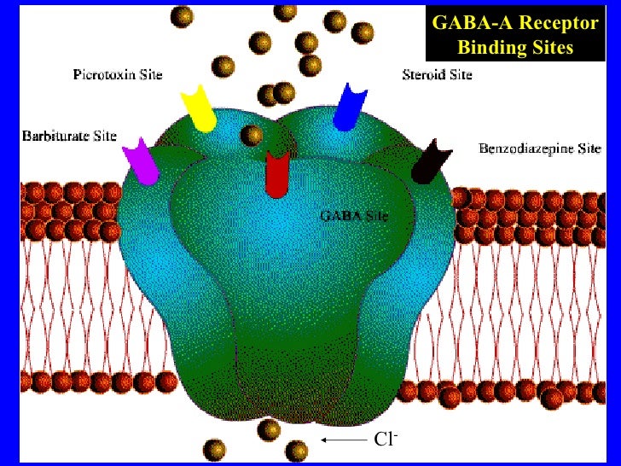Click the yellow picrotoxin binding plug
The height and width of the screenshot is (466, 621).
coord(200,108)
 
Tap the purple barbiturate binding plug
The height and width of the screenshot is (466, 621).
coord(140,161)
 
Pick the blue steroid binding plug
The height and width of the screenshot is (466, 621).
coord(348,107)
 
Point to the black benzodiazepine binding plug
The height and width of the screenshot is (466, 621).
coord(429,161)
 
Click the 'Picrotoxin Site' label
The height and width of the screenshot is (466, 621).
coord(117,75)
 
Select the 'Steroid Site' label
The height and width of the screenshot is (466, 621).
coord(437,74)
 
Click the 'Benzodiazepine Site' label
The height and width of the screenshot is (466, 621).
coord(539,149)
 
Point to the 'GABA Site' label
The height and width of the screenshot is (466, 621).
coord(354,216)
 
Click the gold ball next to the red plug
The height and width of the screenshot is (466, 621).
coord(252,135)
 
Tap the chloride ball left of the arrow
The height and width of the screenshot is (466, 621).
coord(297,449)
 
